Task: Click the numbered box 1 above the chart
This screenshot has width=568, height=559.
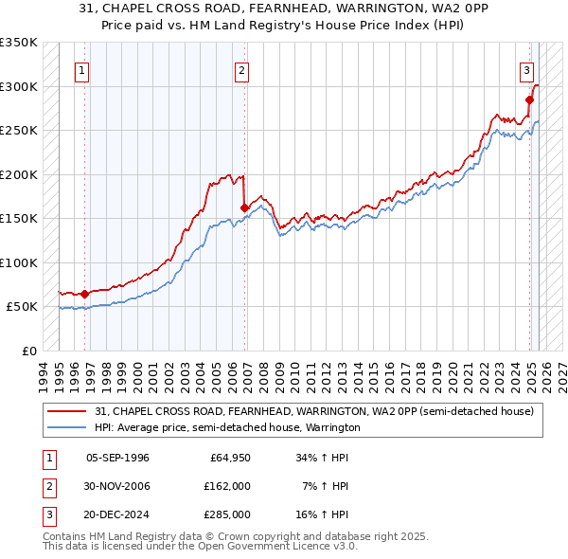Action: point(82,69)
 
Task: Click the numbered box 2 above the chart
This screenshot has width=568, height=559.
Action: point(242,69)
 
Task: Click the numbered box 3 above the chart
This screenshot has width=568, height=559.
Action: point(526,69)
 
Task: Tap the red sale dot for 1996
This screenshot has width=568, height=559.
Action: point(85,294)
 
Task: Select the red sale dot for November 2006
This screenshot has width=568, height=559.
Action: point(245,207)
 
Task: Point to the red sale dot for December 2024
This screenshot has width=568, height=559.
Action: point(530,99)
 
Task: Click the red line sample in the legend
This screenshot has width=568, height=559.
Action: point(68,411)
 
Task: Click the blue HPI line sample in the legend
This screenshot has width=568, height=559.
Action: point(68,427)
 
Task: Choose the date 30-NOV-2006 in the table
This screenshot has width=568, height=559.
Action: point(117,486)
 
